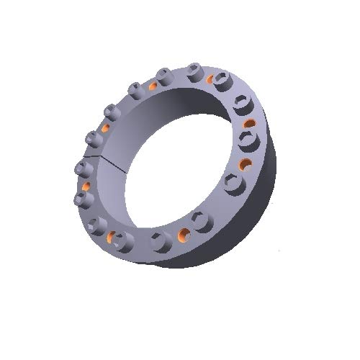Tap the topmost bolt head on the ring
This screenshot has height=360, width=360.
[194, 70]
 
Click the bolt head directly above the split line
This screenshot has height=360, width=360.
[92, 137]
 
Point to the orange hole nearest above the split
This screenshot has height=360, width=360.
[104, 128]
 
